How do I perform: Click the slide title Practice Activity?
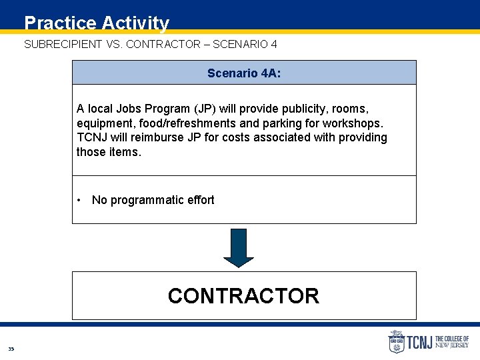click(97, 23)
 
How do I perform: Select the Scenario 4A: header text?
click(244, 73)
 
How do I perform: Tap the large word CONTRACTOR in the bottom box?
click(243, 295)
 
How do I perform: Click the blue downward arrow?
click(239, 247)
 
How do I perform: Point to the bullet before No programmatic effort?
click(79, 200)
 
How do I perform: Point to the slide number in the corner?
click(11, 349)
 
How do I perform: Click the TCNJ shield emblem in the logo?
click(396, 342)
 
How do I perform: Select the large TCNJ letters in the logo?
click(420, 343)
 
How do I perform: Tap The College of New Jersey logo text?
click(452, 343)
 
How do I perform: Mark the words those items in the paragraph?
click(109, 152)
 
